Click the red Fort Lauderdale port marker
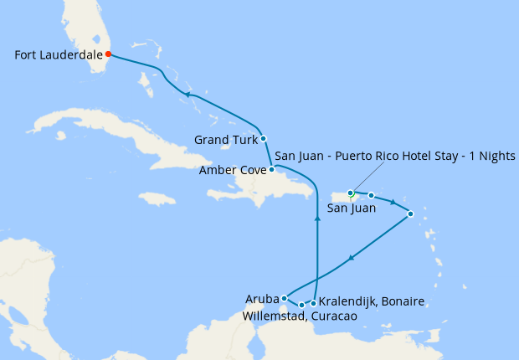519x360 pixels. (108, 54)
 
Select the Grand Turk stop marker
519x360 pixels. (264, 138)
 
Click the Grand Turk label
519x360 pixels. (225, 139)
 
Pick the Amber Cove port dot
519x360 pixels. (271, 169)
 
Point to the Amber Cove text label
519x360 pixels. (232, 170)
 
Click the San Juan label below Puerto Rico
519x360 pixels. (351, 208)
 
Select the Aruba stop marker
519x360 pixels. (285, 298)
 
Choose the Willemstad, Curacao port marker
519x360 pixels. (301, 306)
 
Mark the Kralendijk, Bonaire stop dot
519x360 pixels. (314, 303)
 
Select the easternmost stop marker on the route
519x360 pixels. (410, 214)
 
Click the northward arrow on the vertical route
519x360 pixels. (317, 218)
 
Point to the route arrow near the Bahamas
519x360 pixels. (188, 95)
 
